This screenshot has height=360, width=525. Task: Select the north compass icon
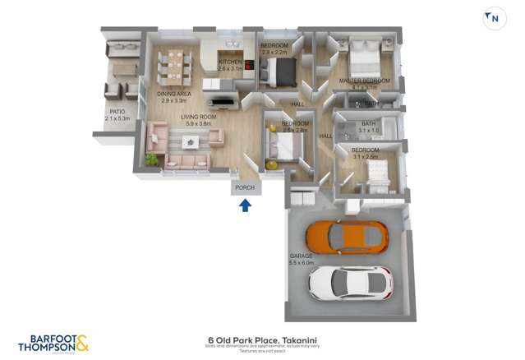(494, 18)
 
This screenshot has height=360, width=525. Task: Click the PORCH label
(245, 188)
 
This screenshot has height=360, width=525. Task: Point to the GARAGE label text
(300, 256)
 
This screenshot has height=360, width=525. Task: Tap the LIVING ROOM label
(199, 118)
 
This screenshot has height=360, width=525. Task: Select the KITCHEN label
(230, 62)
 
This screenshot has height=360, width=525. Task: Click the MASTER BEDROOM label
(364, 81)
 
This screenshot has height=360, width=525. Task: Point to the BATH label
(368, 123)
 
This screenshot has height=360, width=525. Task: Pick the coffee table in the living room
(191, 142)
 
